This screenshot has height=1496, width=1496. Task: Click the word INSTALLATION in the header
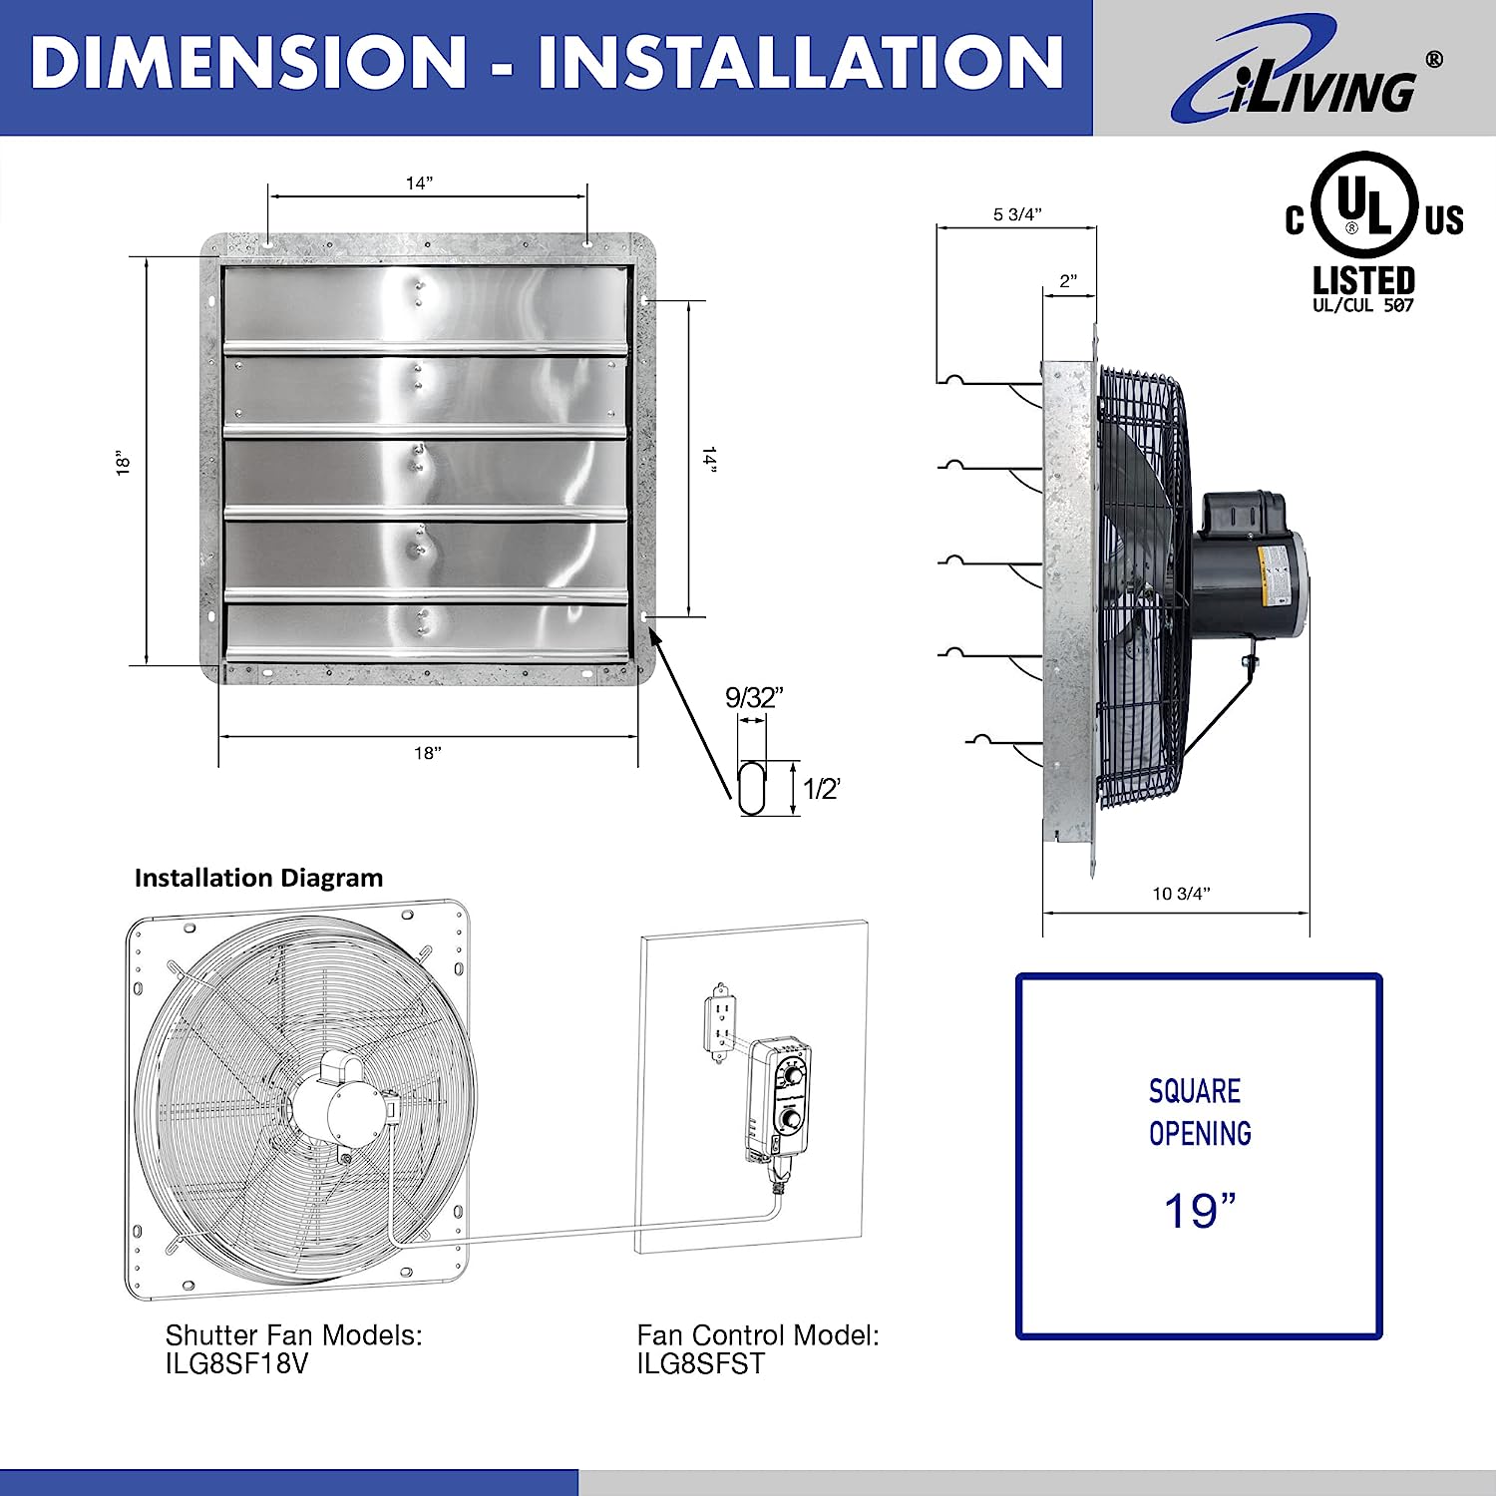tap(801, 62)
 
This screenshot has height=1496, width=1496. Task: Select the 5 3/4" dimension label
tap(1017, 214)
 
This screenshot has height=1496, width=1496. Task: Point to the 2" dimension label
tap(1068, 281)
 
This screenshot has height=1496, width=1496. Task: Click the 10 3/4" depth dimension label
tap(1181, 894)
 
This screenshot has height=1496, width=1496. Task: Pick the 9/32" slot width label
tap(754, 698)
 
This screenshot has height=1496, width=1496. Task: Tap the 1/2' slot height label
tap(823, 789)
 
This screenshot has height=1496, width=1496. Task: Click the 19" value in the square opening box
tap(1200, 1211)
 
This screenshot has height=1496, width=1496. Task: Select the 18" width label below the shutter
tap(428, 753)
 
